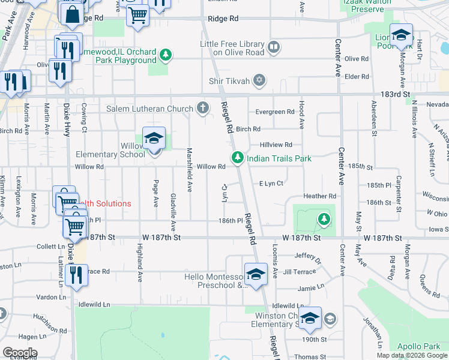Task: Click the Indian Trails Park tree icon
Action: [238, 158]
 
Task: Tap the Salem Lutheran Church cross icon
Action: [203, 109]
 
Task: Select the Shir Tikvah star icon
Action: [259, 80]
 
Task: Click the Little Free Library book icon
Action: [273, 47]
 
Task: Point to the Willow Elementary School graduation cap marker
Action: [154, 139]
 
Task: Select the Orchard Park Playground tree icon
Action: [166, 56]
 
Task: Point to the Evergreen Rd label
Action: [275, 112]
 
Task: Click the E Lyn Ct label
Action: [271, 184]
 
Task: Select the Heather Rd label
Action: [319, 196]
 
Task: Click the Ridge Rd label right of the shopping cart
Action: [223, 19]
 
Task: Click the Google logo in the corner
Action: [20, 353]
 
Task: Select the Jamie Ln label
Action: [311, 289]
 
